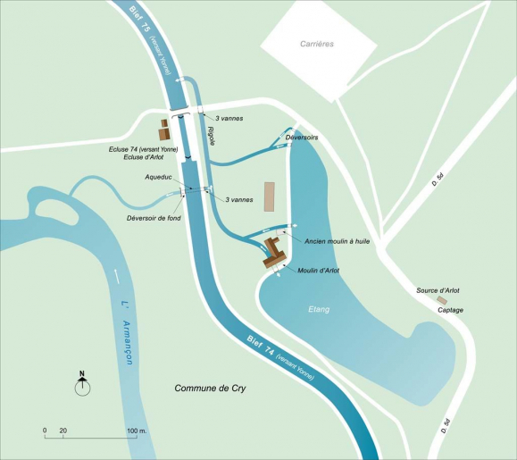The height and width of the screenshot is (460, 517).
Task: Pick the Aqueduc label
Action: click(x=159, y=178)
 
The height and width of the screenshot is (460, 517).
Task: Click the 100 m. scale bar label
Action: click(x=135, y=431)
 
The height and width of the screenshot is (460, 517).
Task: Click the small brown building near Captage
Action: click(x=441, y=301)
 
